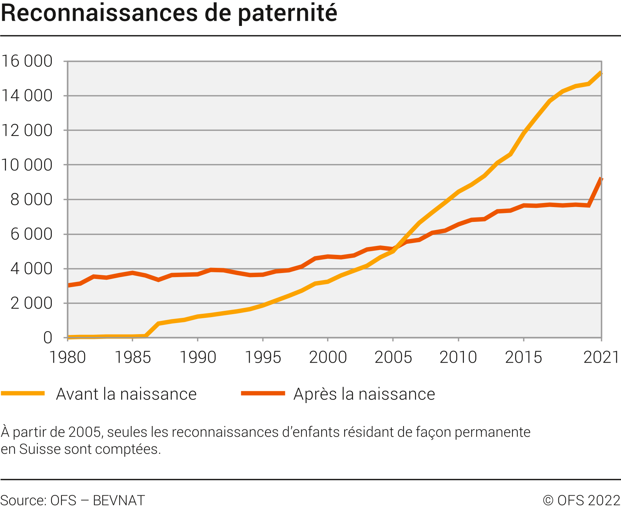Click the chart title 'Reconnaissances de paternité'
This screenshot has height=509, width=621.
coord(169,13)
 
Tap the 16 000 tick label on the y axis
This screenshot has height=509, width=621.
coord(27,61)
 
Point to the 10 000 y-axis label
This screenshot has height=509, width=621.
coord(27,165)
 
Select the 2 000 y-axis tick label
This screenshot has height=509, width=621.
coord(31,303)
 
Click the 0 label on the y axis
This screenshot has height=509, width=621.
coord(48,338)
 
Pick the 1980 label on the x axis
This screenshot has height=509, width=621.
coord(68,357)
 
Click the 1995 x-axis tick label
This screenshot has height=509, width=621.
coord(263,357)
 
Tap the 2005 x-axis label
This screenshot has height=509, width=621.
coord(393,357)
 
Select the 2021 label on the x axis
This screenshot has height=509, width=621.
coord(601,357)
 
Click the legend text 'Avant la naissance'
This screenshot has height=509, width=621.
coord(126,394)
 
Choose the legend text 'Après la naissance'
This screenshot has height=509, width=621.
coord(364,394)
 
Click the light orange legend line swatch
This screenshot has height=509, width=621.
coord(23,393)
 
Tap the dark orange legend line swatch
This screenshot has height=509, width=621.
coord(263,393)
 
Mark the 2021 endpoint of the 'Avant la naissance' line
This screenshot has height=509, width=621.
coord(601,73)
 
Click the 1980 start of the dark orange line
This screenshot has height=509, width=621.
coord(69,285)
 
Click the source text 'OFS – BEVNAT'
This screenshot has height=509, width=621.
coord(97,500)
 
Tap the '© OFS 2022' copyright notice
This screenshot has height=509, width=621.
coord(581,500)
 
